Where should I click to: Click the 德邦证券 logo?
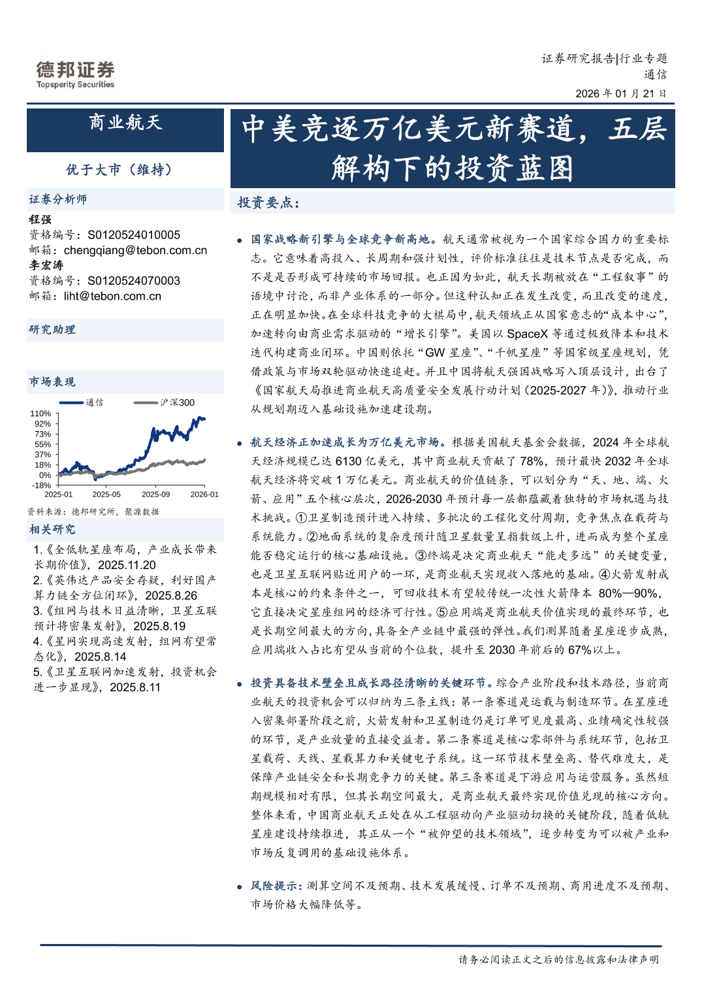pyautogui.click(x=75, y=74)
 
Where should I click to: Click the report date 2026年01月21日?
pyautogui.click(x=620, y=93)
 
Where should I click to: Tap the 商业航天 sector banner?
pyautogui.click(x=125, y=123)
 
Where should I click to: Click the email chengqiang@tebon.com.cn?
pyautogui.click(x=135, y=250)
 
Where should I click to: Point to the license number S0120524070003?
pyautogui.click(x=134, y=280)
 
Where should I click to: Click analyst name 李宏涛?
pyautogui.click(x=46, y=265)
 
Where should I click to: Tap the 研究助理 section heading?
pyautogui.click(x=52, y=329)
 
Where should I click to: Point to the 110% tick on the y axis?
pyautogui.click(x=40, y=414)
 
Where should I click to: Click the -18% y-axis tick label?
pyautogui.click(x=41, y=485)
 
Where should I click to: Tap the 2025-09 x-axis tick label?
pyautogui.click(x=155, y=495)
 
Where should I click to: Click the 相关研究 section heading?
pyautogui.click(x=52, y=529)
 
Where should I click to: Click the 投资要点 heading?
pyautogui.click(x=268, y=203)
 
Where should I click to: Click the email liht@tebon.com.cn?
pyautogui.click(x=112, y=296)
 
